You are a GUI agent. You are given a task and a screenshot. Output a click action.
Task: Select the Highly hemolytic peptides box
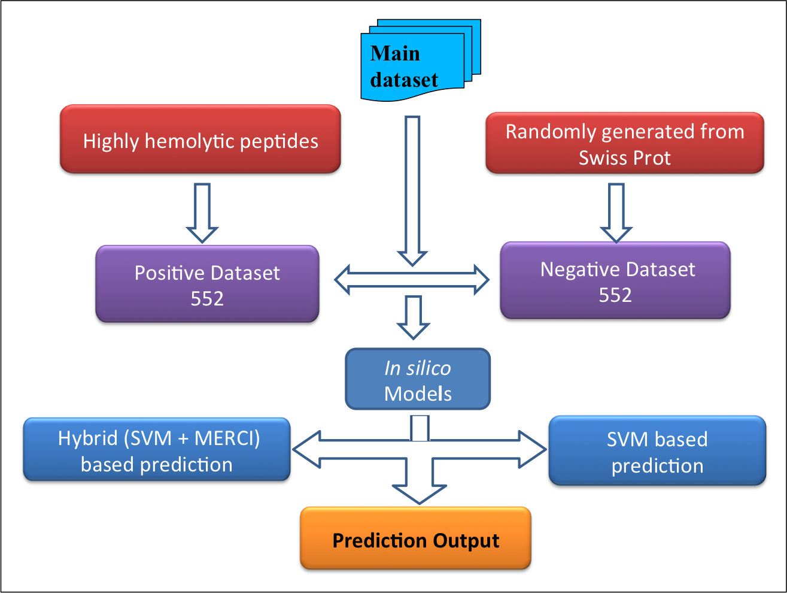click(x=200, y=140)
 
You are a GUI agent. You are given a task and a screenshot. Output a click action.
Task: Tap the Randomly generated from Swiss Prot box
click(x=625, y=144)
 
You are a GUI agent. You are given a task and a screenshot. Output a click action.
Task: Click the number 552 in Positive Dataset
click(x=207, y=298)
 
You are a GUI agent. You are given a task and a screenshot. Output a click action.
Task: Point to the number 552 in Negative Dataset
click(x=615, y=295)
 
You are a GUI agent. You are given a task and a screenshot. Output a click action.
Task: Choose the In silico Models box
click(x=418, y=380)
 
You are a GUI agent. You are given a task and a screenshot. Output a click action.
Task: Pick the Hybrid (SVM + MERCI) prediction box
click(x=157, y=450)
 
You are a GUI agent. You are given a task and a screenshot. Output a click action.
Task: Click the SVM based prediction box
click(x=657, y=452)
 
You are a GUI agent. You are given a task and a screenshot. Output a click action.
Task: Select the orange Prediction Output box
click(x=415, y=539)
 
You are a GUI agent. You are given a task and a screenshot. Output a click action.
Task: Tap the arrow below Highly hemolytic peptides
click(x=202, y=212)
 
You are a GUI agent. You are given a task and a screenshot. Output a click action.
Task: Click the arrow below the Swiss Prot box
click(x=616, y=212)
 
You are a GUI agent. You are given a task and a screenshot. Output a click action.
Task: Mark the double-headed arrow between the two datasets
click(x=412, y=280)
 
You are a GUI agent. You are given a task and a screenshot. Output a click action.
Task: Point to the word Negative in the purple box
click(x=575, y=270)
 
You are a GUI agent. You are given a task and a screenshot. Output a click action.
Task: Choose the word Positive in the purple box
click(x=169, y=273)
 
